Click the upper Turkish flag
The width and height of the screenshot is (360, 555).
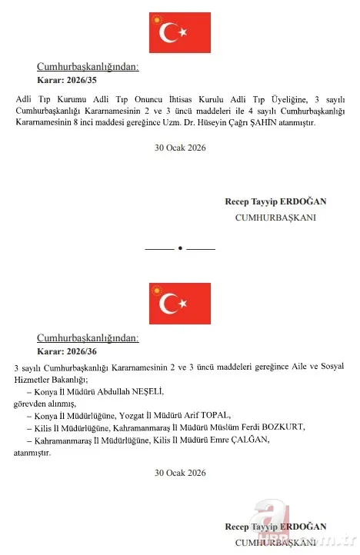tap(179, 32)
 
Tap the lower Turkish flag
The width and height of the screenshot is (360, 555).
tap(179, 303)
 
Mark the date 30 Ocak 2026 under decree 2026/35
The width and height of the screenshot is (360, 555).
tap(179, 147)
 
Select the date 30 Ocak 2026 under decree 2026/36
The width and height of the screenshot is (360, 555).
tap(179, 471)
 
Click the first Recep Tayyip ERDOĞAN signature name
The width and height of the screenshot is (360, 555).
tap(275, 201)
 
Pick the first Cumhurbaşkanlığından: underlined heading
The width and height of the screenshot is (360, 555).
tap(88, 67)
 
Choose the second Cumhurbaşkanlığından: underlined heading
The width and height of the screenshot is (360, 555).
tap(88, 337)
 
